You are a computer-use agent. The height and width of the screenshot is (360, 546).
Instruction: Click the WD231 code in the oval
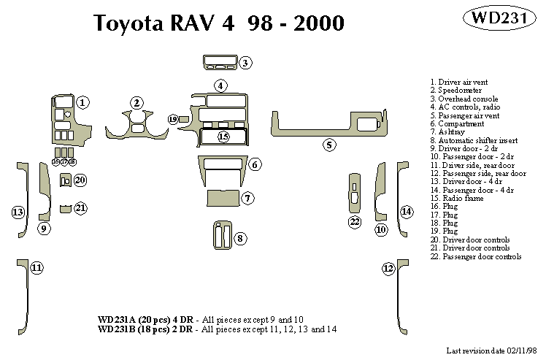[x=500, y=18]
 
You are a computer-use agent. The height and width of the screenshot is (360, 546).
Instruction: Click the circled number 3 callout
[x=246, y=63]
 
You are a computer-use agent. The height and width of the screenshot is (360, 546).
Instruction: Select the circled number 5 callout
[x=329, y=145]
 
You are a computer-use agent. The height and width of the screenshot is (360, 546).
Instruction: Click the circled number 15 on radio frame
[x=223, y=137]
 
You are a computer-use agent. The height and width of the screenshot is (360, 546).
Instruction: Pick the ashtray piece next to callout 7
[x=223, y=197]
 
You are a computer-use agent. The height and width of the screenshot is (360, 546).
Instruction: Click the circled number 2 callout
[x=136, y=102]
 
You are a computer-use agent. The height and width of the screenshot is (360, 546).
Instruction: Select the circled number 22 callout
[x=355, y=221]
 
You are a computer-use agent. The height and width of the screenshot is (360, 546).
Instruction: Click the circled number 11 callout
[x=36, y=268]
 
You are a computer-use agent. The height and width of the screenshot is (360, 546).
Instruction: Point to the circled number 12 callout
[x=388, y=269]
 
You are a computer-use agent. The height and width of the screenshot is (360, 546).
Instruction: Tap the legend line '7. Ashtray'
[x=451, y=132]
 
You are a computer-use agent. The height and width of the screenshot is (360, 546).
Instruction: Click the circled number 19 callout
[x=173, y=118]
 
